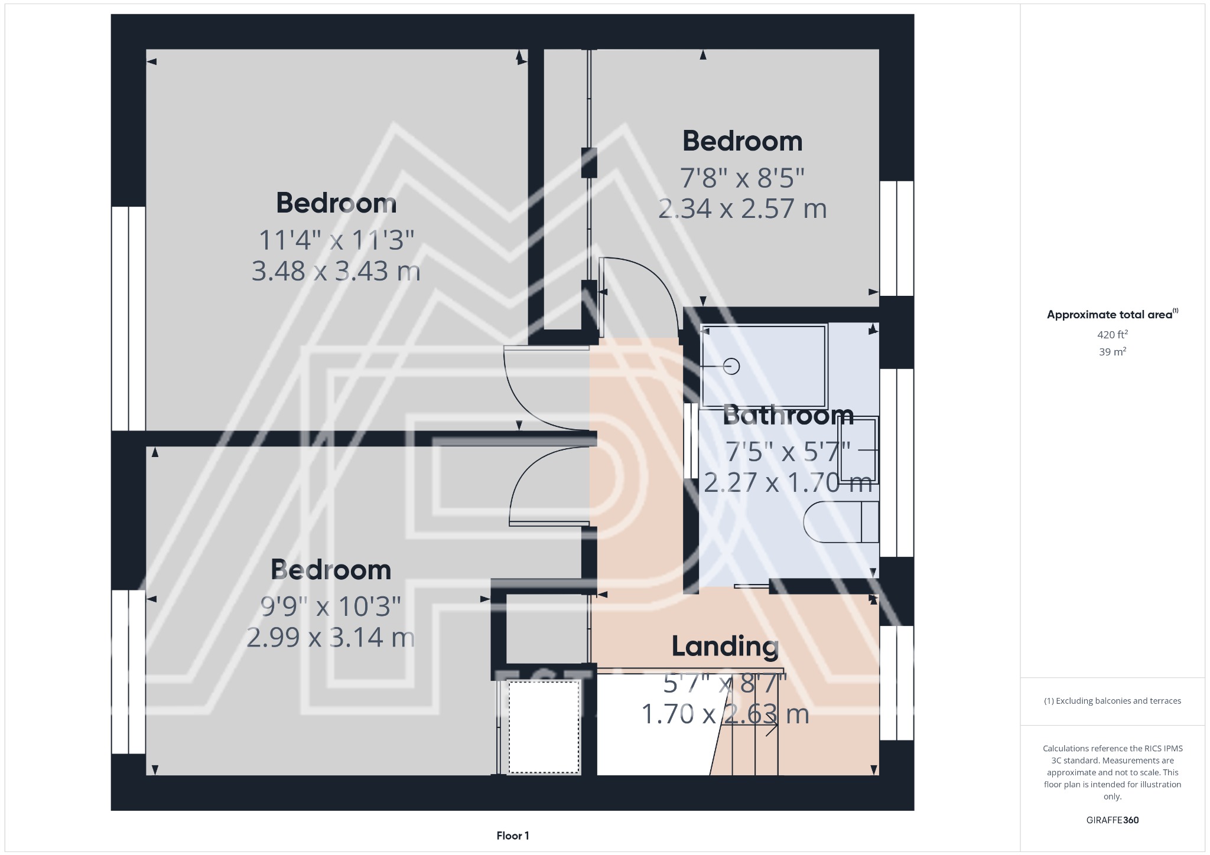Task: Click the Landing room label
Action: [725, 647]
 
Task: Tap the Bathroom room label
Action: [788, 415]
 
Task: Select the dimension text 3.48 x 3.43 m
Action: [336, 271]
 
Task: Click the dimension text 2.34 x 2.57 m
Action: [742, 209]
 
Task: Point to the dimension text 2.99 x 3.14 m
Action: [330, 638]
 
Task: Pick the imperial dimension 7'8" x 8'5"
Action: [742, 177]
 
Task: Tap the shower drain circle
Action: [731, 367]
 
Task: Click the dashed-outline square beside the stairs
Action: [544, 727]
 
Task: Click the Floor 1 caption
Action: [513, 836]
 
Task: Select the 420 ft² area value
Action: [1113, 334]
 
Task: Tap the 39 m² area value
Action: [1113, 352]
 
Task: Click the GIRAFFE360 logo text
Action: [1113, 820]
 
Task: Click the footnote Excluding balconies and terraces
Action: [1113, 701]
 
